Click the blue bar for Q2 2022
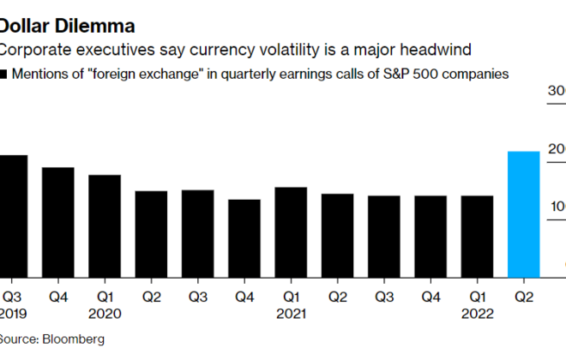[x=524, y=213]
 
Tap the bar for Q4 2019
[x=57, y=221]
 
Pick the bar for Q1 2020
[x=105, y=225]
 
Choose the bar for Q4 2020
[x=244, y=237]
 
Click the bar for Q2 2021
[x=338, y=235]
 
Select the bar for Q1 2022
[x=478, y=236]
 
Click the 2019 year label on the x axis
[x=13, y=313]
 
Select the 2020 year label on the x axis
[x=105, y=313]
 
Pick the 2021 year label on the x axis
[x=291, y=313]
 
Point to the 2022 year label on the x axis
[x=478, y=313]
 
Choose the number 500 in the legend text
[x=426, y=75]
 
